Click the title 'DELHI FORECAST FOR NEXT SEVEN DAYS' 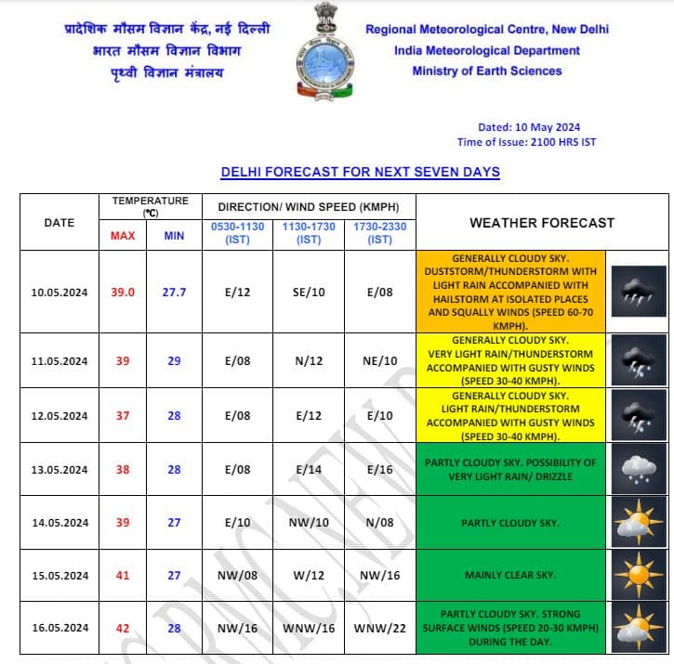(360, 172)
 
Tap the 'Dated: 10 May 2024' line (529, 127)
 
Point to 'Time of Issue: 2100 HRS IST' (526, 142)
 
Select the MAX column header (123, 236)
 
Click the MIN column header (174, 236)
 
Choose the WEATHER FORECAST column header (542, 223)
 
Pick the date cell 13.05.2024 (59, 470)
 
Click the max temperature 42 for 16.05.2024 (123, 628)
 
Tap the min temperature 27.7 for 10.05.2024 (174, 292)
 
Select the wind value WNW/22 (379, 628)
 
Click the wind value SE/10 (309, 292)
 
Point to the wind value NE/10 (379, 360)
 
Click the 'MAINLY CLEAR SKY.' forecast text (510, 576)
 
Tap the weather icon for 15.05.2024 (638, 576)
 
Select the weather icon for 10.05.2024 (638, 292)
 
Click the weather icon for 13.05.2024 (638, 470)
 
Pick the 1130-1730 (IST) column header (309, 232)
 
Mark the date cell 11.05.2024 (59, 360)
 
